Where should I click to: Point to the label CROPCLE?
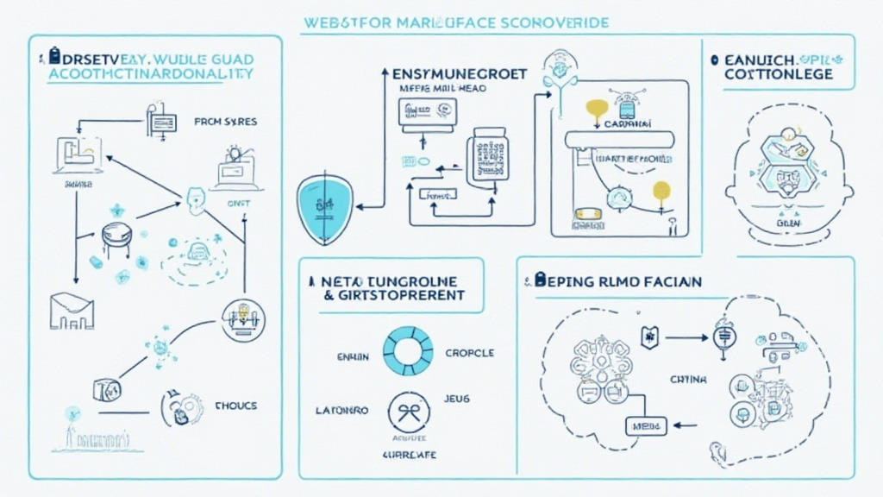coord(470,353)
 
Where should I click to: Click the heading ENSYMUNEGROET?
coord(453,75)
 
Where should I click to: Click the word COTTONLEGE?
coord(778,75)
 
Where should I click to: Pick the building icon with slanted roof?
coord(72,310)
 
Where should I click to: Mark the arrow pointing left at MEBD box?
coord(684,425)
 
